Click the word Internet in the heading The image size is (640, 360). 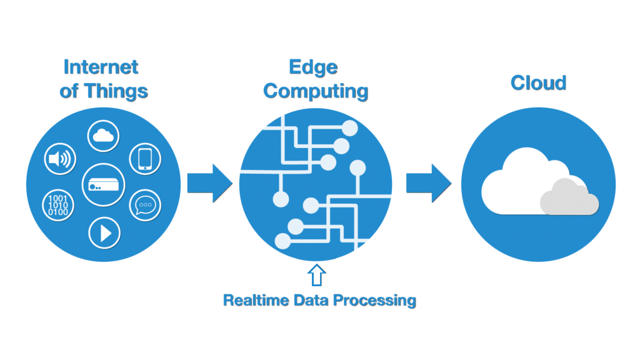point(101,67)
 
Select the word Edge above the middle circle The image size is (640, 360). point(314,67)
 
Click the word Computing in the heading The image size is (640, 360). point(316,91)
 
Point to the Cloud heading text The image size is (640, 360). point(538,83)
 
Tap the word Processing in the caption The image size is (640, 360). point(375,301)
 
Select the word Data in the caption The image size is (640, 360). point(311,301)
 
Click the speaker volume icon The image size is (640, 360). point(60,159)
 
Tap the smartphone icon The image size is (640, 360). point(145,159)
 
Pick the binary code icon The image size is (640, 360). point(58,205)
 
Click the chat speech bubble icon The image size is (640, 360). point(145,205)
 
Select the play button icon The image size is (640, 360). point(104,233)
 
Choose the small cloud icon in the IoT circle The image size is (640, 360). point(103,136)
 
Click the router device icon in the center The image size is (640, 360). point(103,185)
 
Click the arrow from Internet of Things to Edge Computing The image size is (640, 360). point(210,183)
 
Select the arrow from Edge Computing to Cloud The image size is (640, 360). point(429,183)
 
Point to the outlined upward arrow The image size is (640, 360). point(316,275)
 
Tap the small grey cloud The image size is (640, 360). point(569,197)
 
